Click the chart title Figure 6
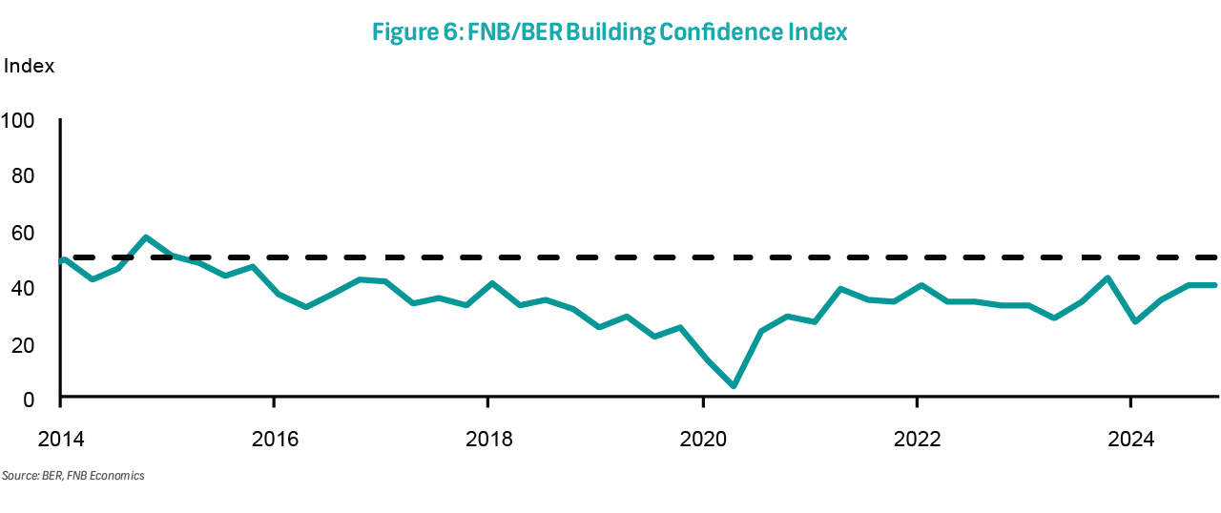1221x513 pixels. pos(610,31)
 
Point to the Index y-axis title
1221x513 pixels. pos(30,67)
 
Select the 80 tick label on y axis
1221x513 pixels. pos(22,176)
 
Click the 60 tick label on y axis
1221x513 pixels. pos(22,233)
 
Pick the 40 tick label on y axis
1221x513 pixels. pos(22,288)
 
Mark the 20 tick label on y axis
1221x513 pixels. pos(22,344)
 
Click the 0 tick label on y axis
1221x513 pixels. pos(28,399)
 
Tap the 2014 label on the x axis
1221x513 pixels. pos(59,440)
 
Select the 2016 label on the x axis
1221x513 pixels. pos(274,440)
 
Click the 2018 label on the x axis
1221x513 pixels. pos(487,440)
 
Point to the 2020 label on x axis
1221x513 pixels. pos(702,440)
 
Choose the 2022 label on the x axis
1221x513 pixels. pos(916,440)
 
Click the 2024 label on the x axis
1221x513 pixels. pos(1129,440)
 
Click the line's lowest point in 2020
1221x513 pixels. pos(733,386)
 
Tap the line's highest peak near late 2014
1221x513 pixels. pos(145,236)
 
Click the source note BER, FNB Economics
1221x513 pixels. pos(73,475)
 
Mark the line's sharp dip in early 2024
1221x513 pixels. pos(1134,321)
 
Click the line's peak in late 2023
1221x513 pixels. pos(1107,277)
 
